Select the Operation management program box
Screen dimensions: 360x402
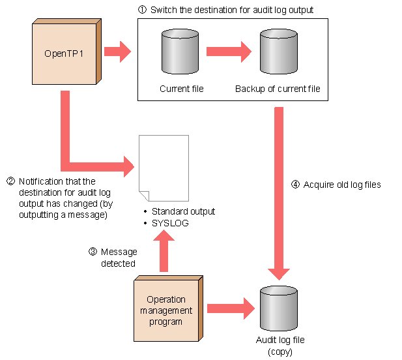pos(166,310)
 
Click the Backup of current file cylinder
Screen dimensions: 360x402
pos(278,52)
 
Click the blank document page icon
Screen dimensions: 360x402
pos(164,168)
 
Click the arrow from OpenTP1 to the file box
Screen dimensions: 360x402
pos(117,52)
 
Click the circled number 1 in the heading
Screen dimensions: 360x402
pos(142,10)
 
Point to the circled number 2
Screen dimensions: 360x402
pos(10,181)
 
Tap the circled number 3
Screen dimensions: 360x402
pos(93,252)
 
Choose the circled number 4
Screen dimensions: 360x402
pos(295,185)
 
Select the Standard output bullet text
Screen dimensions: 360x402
pos(182,211)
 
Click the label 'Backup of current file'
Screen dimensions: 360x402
pos(278,89)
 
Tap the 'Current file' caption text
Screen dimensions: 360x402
pos(181,89)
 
